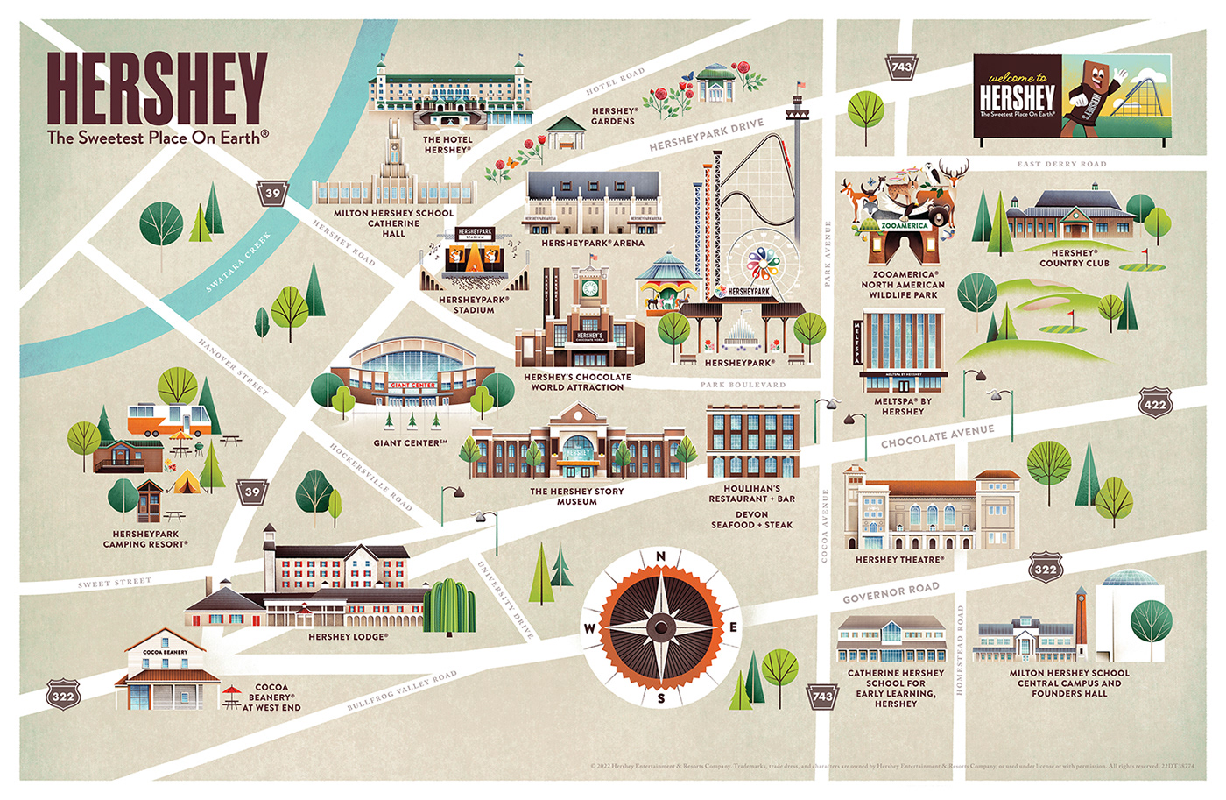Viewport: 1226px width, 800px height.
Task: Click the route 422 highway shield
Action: (1154, 404)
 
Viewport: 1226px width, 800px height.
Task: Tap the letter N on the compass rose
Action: (661, 556)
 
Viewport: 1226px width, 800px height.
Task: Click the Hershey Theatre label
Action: (899, 559)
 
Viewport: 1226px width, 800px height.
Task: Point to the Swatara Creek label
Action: (238, 262)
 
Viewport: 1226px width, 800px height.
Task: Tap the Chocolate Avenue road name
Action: (937, 436)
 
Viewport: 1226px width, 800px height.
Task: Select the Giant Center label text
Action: (410, 443)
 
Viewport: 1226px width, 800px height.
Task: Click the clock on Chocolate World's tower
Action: (589, 288)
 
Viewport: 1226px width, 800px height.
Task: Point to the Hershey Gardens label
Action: (613, 117)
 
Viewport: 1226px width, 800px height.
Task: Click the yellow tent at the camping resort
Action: (185, 481)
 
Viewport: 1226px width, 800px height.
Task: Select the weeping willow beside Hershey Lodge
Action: (450, 605)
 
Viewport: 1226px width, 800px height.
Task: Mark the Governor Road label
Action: (891, 593)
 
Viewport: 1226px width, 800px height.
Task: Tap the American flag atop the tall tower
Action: (800, 86)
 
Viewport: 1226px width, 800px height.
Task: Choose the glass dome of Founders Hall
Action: (1133, 580)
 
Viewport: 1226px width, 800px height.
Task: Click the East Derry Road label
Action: (1061, 164)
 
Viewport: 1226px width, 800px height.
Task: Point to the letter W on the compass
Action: (589, 628)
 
